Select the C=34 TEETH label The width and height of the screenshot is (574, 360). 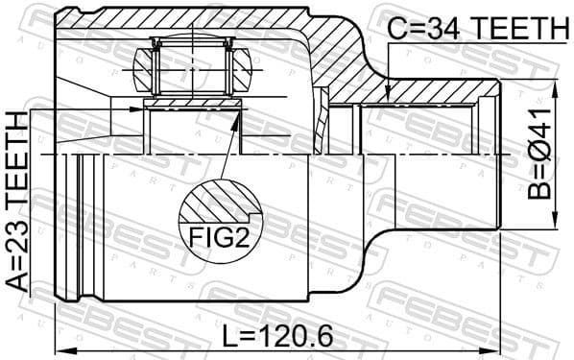(477, 30)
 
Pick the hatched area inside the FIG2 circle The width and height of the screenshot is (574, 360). (217, 204)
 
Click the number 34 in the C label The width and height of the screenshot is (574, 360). (444, 30)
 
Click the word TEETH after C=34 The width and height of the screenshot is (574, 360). (517, 30)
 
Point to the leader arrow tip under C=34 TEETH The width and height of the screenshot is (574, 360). (387, 99)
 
